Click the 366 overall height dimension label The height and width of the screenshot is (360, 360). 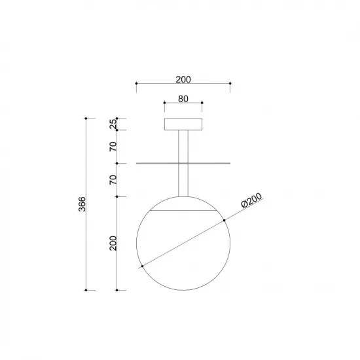pos(80,204)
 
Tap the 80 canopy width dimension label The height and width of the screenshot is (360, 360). pos(183,100)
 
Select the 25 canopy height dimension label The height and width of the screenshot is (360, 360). pos(113,124)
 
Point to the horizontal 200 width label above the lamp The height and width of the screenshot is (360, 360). pos(183,80)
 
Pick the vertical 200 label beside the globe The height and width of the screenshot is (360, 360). pos(113,243)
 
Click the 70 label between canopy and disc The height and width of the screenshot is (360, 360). pos(113,146)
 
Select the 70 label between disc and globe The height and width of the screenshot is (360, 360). pos(113,180)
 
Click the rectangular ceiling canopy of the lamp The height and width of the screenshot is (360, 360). pos(183,124)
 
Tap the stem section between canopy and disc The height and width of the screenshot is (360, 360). pos(183,147)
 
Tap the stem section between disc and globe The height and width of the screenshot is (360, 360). pos(183,179)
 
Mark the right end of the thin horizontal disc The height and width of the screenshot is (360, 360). pos(230,163)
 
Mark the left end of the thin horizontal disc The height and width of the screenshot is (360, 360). pos(136,163)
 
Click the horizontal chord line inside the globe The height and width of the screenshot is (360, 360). pos(183,211)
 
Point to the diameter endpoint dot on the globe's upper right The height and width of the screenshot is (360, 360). pos(224,219)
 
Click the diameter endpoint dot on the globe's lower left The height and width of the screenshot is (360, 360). pos(141,266)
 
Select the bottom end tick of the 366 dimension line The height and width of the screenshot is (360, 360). pos(86,289)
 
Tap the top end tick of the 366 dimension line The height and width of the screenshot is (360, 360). pos(86,118)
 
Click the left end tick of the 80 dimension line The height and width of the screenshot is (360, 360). pos(164,103)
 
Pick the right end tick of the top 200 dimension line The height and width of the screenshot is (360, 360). pos(230,84)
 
